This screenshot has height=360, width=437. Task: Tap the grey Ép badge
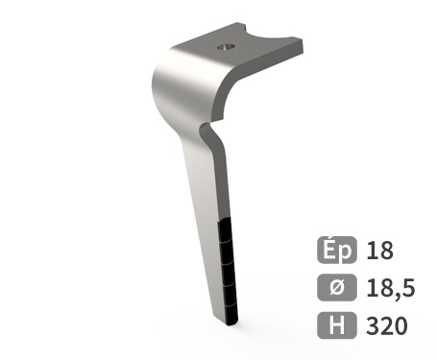pos(337,252)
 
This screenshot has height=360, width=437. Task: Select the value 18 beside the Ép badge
pos(380,252)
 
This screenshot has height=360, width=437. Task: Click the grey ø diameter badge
pos(337,287)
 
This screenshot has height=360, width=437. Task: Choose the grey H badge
pos(337,324)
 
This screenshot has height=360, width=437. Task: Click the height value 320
pos(387,324)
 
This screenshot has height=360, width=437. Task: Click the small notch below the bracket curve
pos(203,128)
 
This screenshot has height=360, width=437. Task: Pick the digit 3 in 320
pos(374,324)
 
